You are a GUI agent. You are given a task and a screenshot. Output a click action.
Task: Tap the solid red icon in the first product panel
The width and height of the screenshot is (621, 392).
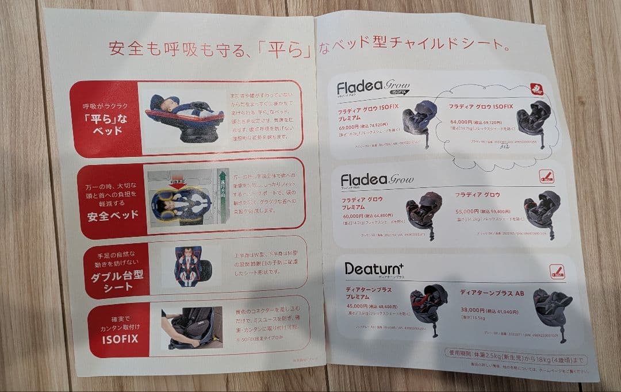536,89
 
